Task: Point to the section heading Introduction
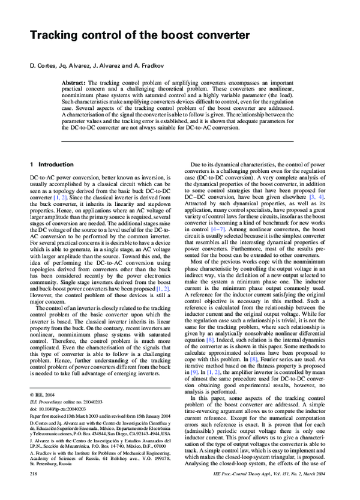(x=56, y=164)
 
